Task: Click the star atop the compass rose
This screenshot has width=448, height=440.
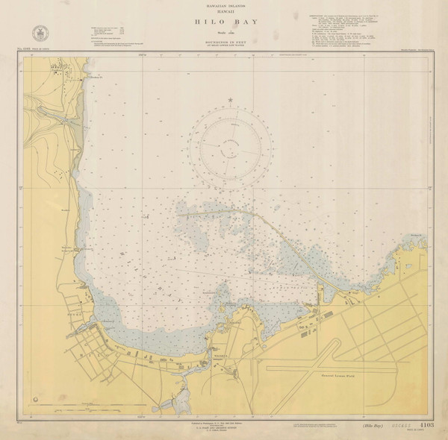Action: tap(230, 100)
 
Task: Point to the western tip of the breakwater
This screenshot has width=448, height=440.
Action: tap(179, 214)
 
